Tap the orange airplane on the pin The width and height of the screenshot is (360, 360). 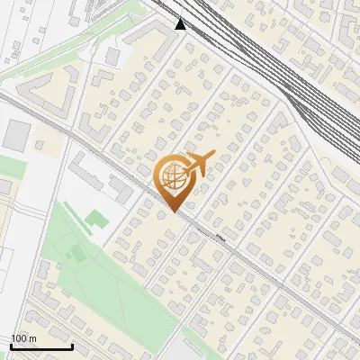coord(199,163)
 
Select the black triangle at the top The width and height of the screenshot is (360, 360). coord(180,24)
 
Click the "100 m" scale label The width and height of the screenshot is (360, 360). coord(24,338)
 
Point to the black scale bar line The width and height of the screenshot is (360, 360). coord(41,346)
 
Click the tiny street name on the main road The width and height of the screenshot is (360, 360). coord(220,239)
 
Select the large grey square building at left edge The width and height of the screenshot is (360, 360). coord(17,134)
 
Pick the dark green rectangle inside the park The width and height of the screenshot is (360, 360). coord(78,254)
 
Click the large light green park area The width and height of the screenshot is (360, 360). coord(108,270)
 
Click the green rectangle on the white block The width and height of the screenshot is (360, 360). coord(95,218)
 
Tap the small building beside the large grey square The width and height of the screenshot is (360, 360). coord(39,144)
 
